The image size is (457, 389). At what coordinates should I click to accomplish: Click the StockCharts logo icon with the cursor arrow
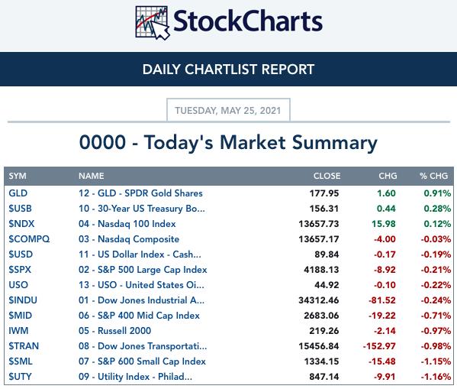click(152, 23)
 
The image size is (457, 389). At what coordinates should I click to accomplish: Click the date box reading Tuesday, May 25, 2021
click(228, 110)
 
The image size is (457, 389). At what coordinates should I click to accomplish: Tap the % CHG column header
click(433, 176)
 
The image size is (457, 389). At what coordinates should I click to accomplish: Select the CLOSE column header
click(327, 176)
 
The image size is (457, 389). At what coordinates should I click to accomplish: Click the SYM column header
click(18, 176)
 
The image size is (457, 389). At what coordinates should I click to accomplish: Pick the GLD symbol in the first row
click(18, 193)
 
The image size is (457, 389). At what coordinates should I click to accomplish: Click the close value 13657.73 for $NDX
click(319, 224)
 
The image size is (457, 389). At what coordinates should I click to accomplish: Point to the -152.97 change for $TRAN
click(379, 346)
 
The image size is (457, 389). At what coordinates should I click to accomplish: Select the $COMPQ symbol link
click(29, 239)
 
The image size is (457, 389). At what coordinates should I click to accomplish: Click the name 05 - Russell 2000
click(115, 331)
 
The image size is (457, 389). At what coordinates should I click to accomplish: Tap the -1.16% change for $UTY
click(436, 377)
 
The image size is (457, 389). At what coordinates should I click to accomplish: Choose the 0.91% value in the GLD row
click(437, 193)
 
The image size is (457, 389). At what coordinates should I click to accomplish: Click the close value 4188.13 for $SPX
click(321, 270)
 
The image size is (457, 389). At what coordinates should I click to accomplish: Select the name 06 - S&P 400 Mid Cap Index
click(139, 316)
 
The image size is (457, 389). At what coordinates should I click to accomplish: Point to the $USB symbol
click(20, 208)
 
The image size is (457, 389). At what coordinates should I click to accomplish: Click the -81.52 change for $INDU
click(382, 300)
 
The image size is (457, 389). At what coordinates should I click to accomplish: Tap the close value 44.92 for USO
click(327, 285)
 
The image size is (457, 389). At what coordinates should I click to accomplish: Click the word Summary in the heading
click(335, 143)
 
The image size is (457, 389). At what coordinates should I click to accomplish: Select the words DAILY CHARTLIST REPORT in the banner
click(229, 70)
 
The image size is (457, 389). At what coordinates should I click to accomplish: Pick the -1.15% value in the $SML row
click(436, 361)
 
